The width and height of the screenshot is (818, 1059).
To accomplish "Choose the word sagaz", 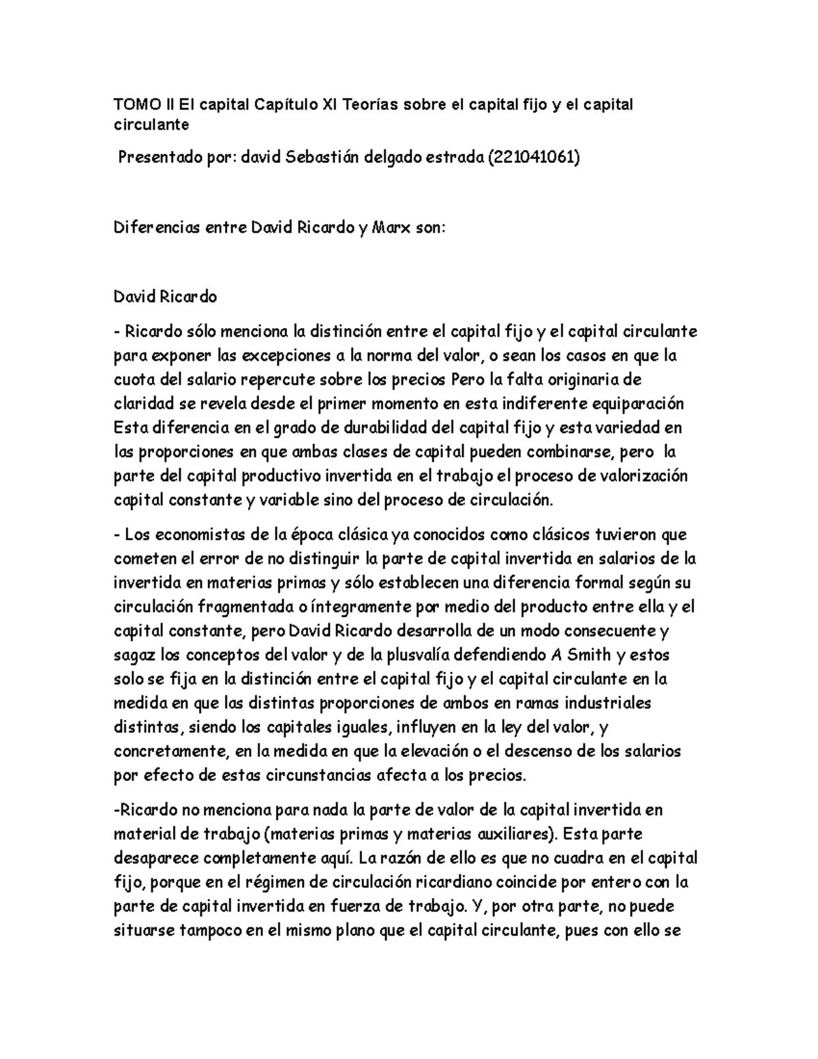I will pos(134,655).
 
